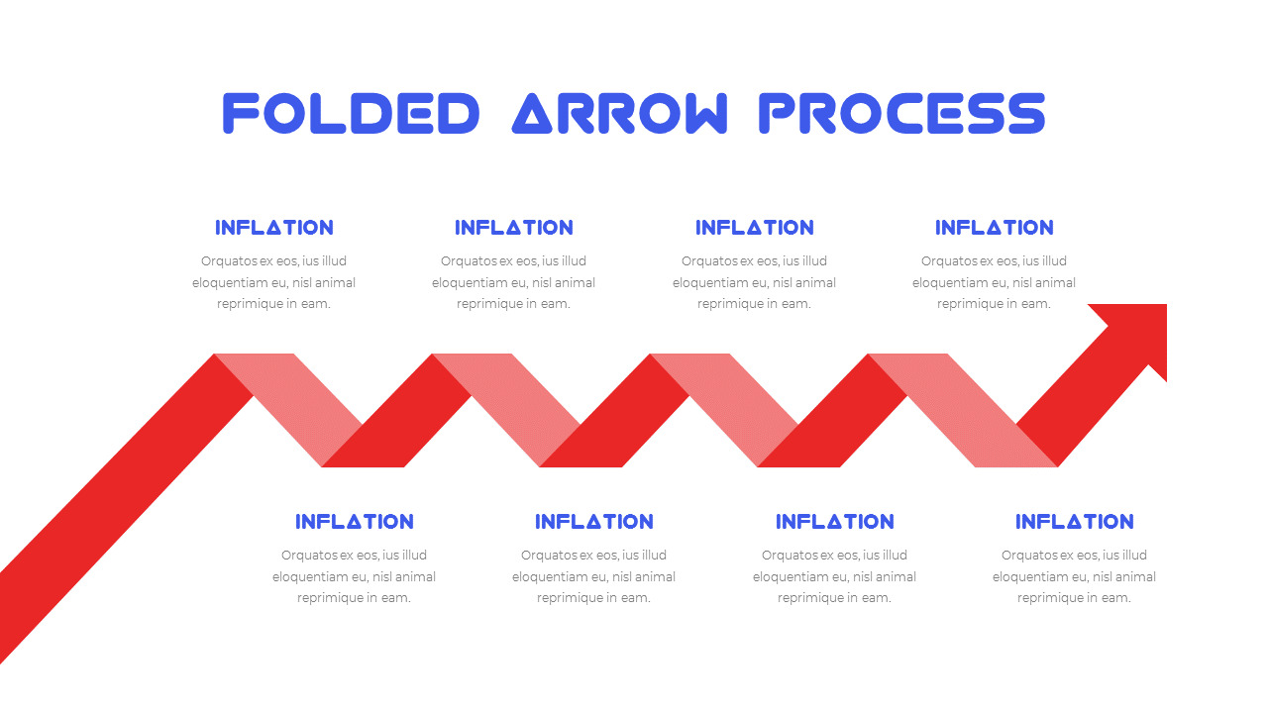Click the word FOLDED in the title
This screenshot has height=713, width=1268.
coord(351,113)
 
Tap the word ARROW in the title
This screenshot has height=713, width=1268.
coord(619,113)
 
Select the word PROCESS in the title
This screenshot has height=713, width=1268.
coord(901,113)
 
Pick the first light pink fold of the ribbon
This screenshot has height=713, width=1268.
coord(288,410)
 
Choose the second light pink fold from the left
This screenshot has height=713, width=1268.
coord(506,410)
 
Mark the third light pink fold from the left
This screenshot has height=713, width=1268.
coord(724,410)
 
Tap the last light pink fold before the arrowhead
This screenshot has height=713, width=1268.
coord(962,410)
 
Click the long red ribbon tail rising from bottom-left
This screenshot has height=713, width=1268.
coord(125,509)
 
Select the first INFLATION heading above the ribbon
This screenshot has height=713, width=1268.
coord(274,228)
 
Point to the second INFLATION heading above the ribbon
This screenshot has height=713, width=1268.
coord(514,228)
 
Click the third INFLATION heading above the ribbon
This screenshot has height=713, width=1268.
coord(755,228)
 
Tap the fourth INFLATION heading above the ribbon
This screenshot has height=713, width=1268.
coord(994,228)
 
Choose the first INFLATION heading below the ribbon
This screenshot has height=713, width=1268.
coord(355,522)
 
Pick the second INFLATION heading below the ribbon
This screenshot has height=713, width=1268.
coord(594,522)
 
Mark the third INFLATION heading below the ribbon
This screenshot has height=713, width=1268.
coord(835,522)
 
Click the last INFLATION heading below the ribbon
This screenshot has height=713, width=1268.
coord(1075,522)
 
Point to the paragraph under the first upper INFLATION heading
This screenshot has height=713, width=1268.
coord(274,282)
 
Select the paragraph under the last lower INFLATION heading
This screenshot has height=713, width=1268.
coord(1075,576)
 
